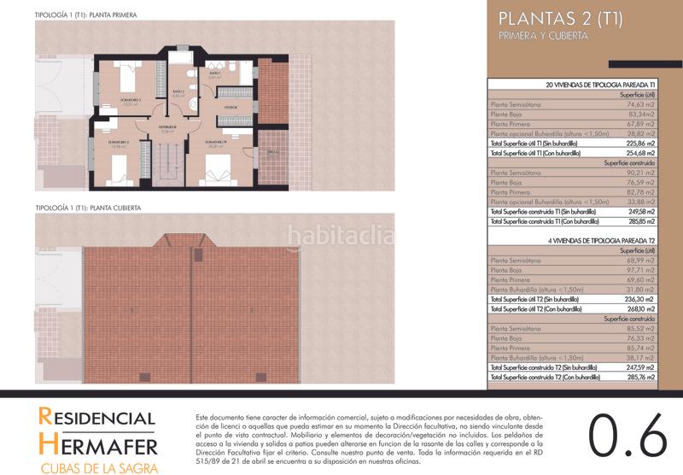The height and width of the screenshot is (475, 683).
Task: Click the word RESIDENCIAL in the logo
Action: point(96,419)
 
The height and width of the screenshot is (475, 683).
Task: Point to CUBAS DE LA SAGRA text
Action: point(96,466)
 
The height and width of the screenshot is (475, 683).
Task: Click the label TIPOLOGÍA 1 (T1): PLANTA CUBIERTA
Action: point(88,208)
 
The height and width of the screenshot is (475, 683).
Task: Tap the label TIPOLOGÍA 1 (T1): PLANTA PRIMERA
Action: point(86,15)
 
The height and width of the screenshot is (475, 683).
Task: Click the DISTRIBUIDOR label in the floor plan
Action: point(166,128)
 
